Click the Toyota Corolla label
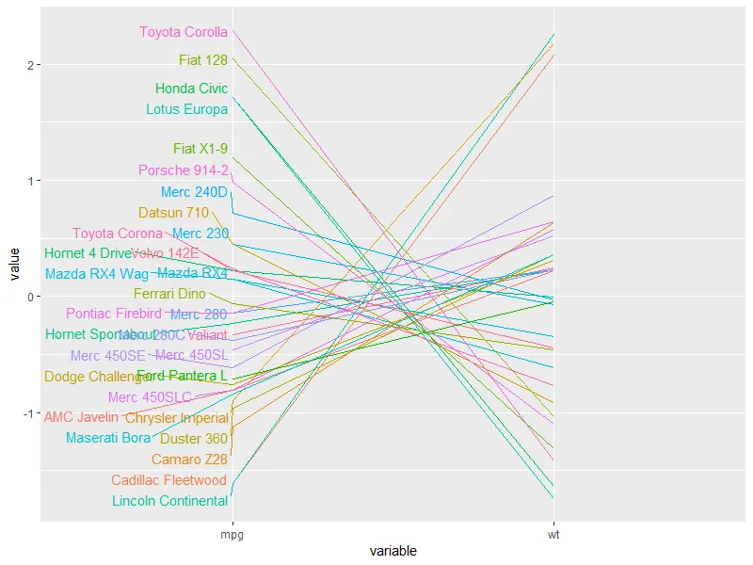coord(184,32)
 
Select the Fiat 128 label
coord(203,60)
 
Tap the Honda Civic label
coord(192,89)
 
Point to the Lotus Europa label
coord(187,109)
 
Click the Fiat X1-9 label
coord(200,149)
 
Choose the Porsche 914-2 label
coord(184,170)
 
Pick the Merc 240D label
coord(195,192)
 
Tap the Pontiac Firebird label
coord(114,314)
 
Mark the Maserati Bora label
coord(108,438)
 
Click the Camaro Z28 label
coord(189,460)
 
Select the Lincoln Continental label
coord(170,501)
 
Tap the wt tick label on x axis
coord(553,534)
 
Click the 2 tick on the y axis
coord(31,65)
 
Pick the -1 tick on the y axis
coord(29,413)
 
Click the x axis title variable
coord(393,551)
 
